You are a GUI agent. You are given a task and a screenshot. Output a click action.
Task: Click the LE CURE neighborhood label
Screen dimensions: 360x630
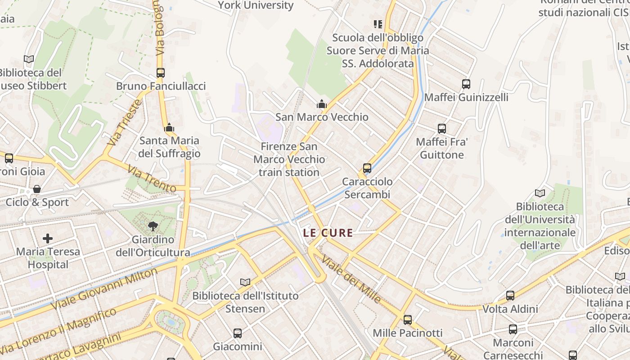[x=328, y=233]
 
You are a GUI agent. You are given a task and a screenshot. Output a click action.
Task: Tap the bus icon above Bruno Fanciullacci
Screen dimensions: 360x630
[x=160, y=72]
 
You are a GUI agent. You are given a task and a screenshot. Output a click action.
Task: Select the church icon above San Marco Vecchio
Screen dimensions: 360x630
[x=321, y=104]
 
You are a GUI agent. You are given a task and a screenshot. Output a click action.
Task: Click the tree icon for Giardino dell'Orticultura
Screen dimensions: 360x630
[x=153, y=226]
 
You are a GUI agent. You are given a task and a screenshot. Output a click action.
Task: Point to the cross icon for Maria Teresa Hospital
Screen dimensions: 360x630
[x=48, y=238]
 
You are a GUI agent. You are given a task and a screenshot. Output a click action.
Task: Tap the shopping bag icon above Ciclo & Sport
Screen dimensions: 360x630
[x=37, y=189]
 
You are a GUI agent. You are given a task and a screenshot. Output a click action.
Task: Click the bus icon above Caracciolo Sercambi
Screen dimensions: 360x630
[x=367, y=168]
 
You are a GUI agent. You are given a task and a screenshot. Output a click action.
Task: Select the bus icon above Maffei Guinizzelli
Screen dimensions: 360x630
[x=466, y=84]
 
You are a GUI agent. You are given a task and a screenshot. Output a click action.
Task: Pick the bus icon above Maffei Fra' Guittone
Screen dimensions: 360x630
[x=442, y=129]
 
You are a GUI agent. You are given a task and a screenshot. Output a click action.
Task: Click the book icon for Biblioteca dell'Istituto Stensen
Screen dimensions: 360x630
[x=245, y=282]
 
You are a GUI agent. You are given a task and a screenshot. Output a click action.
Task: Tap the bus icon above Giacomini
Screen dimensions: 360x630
[x=238, y=333]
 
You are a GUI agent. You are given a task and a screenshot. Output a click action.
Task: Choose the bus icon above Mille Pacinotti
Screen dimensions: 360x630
[x=408, y=319]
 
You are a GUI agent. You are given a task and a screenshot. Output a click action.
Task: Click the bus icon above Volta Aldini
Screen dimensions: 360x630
[x=510, y=296]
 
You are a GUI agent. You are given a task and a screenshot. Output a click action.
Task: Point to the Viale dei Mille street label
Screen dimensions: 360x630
[x=351, y=279]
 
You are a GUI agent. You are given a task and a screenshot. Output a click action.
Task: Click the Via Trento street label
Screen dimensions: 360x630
[x=151, y=179]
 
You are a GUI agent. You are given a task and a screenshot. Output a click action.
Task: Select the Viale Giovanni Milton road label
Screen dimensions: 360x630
[x=104, y=288]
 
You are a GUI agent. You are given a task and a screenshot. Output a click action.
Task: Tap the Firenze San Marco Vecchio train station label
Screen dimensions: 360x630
[x=289, y=159]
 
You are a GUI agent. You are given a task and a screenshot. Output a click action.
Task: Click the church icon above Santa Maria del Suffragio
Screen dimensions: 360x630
[x=169, y=128]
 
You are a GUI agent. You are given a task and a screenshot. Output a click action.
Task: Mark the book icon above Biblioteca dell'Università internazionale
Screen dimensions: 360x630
[x=540, y=193]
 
